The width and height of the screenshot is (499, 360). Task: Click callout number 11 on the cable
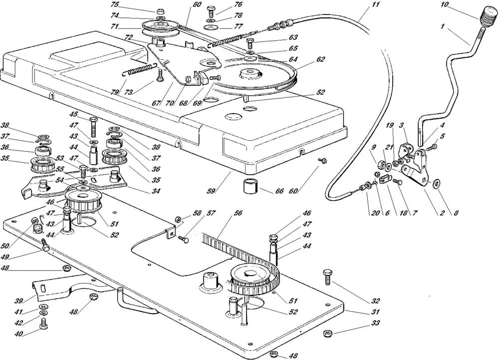click(x=376, y=4)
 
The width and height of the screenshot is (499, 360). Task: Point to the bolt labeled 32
click(x=327, y=277)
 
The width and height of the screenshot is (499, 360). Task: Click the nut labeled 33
click(x=327, y=334)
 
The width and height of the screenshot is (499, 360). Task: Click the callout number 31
click(x=376, y=312)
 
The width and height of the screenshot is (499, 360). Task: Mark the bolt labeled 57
click(x=184, y=238)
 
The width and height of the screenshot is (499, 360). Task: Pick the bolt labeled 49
click(x=45, y=246)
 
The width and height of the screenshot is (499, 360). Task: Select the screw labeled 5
click(x=433, y=148)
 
